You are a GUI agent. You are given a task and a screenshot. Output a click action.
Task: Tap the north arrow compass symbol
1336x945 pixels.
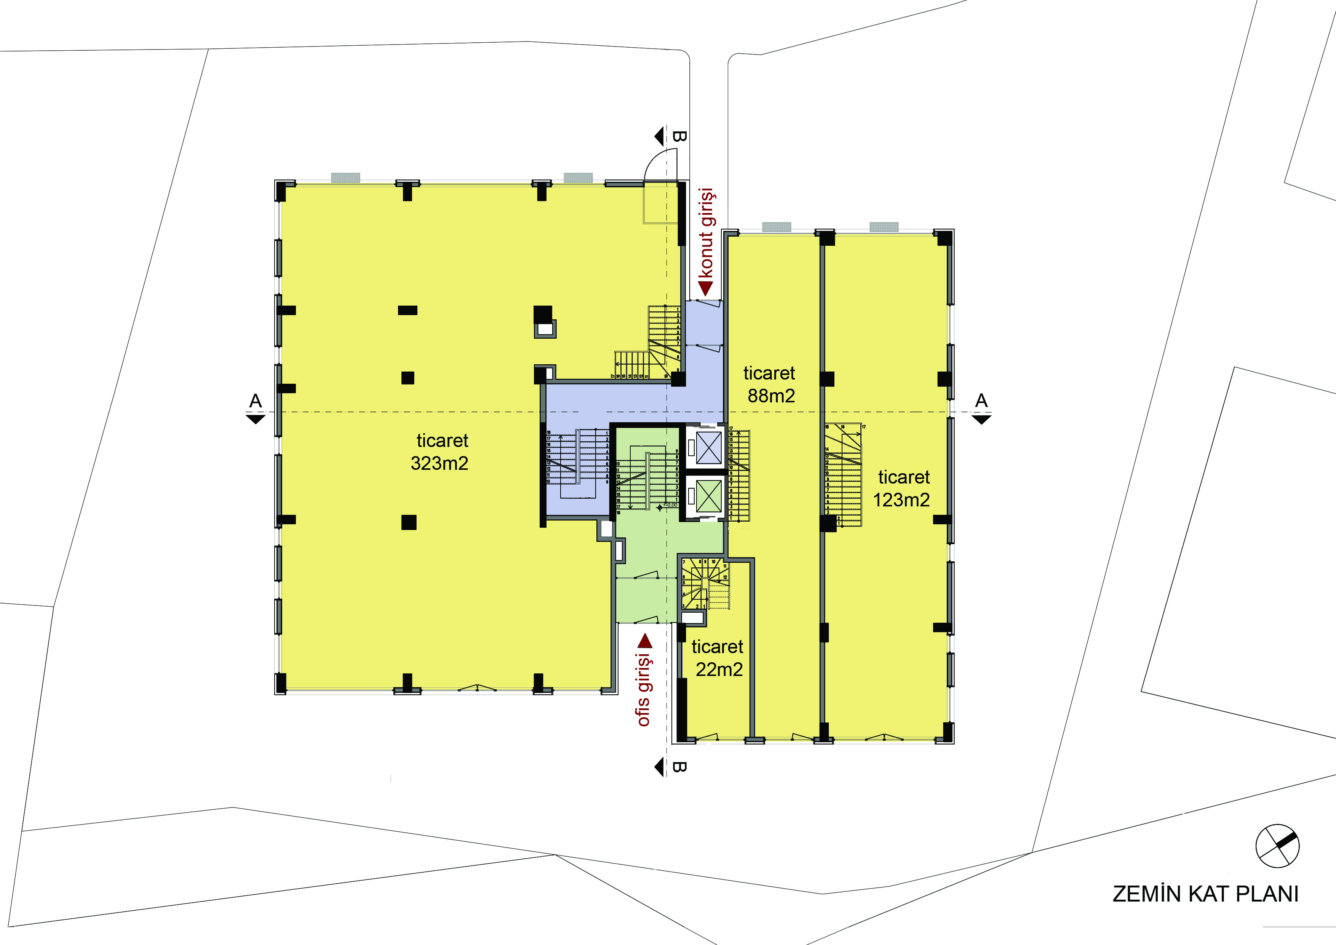[1277, 846]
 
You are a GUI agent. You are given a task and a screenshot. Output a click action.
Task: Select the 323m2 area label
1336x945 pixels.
[439, 463]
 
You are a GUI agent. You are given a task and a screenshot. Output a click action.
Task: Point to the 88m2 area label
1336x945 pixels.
[771, 396]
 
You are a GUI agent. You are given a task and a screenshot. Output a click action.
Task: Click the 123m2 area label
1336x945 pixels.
[901, 500]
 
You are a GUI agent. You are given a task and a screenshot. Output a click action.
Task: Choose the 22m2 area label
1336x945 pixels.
[719, 670]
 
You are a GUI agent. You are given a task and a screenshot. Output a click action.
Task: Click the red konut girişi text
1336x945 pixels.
[706, 233]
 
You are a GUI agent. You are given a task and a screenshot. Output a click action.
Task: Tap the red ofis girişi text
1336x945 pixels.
[644, 690]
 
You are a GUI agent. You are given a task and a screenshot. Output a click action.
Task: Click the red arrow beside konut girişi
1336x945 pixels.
[705, 288]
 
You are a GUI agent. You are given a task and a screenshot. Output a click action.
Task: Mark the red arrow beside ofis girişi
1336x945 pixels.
[645, 642]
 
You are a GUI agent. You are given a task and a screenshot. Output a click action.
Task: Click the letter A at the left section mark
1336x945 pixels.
[256, 400]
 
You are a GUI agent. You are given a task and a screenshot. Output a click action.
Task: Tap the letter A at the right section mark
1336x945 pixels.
[981, 400]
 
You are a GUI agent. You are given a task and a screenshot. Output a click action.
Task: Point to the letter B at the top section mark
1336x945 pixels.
[679, 136]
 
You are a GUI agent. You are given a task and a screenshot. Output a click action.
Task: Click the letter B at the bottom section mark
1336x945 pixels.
[679, 767]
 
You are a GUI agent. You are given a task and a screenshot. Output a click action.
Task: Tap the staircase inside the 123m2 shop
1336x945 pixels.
[843, 474]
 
